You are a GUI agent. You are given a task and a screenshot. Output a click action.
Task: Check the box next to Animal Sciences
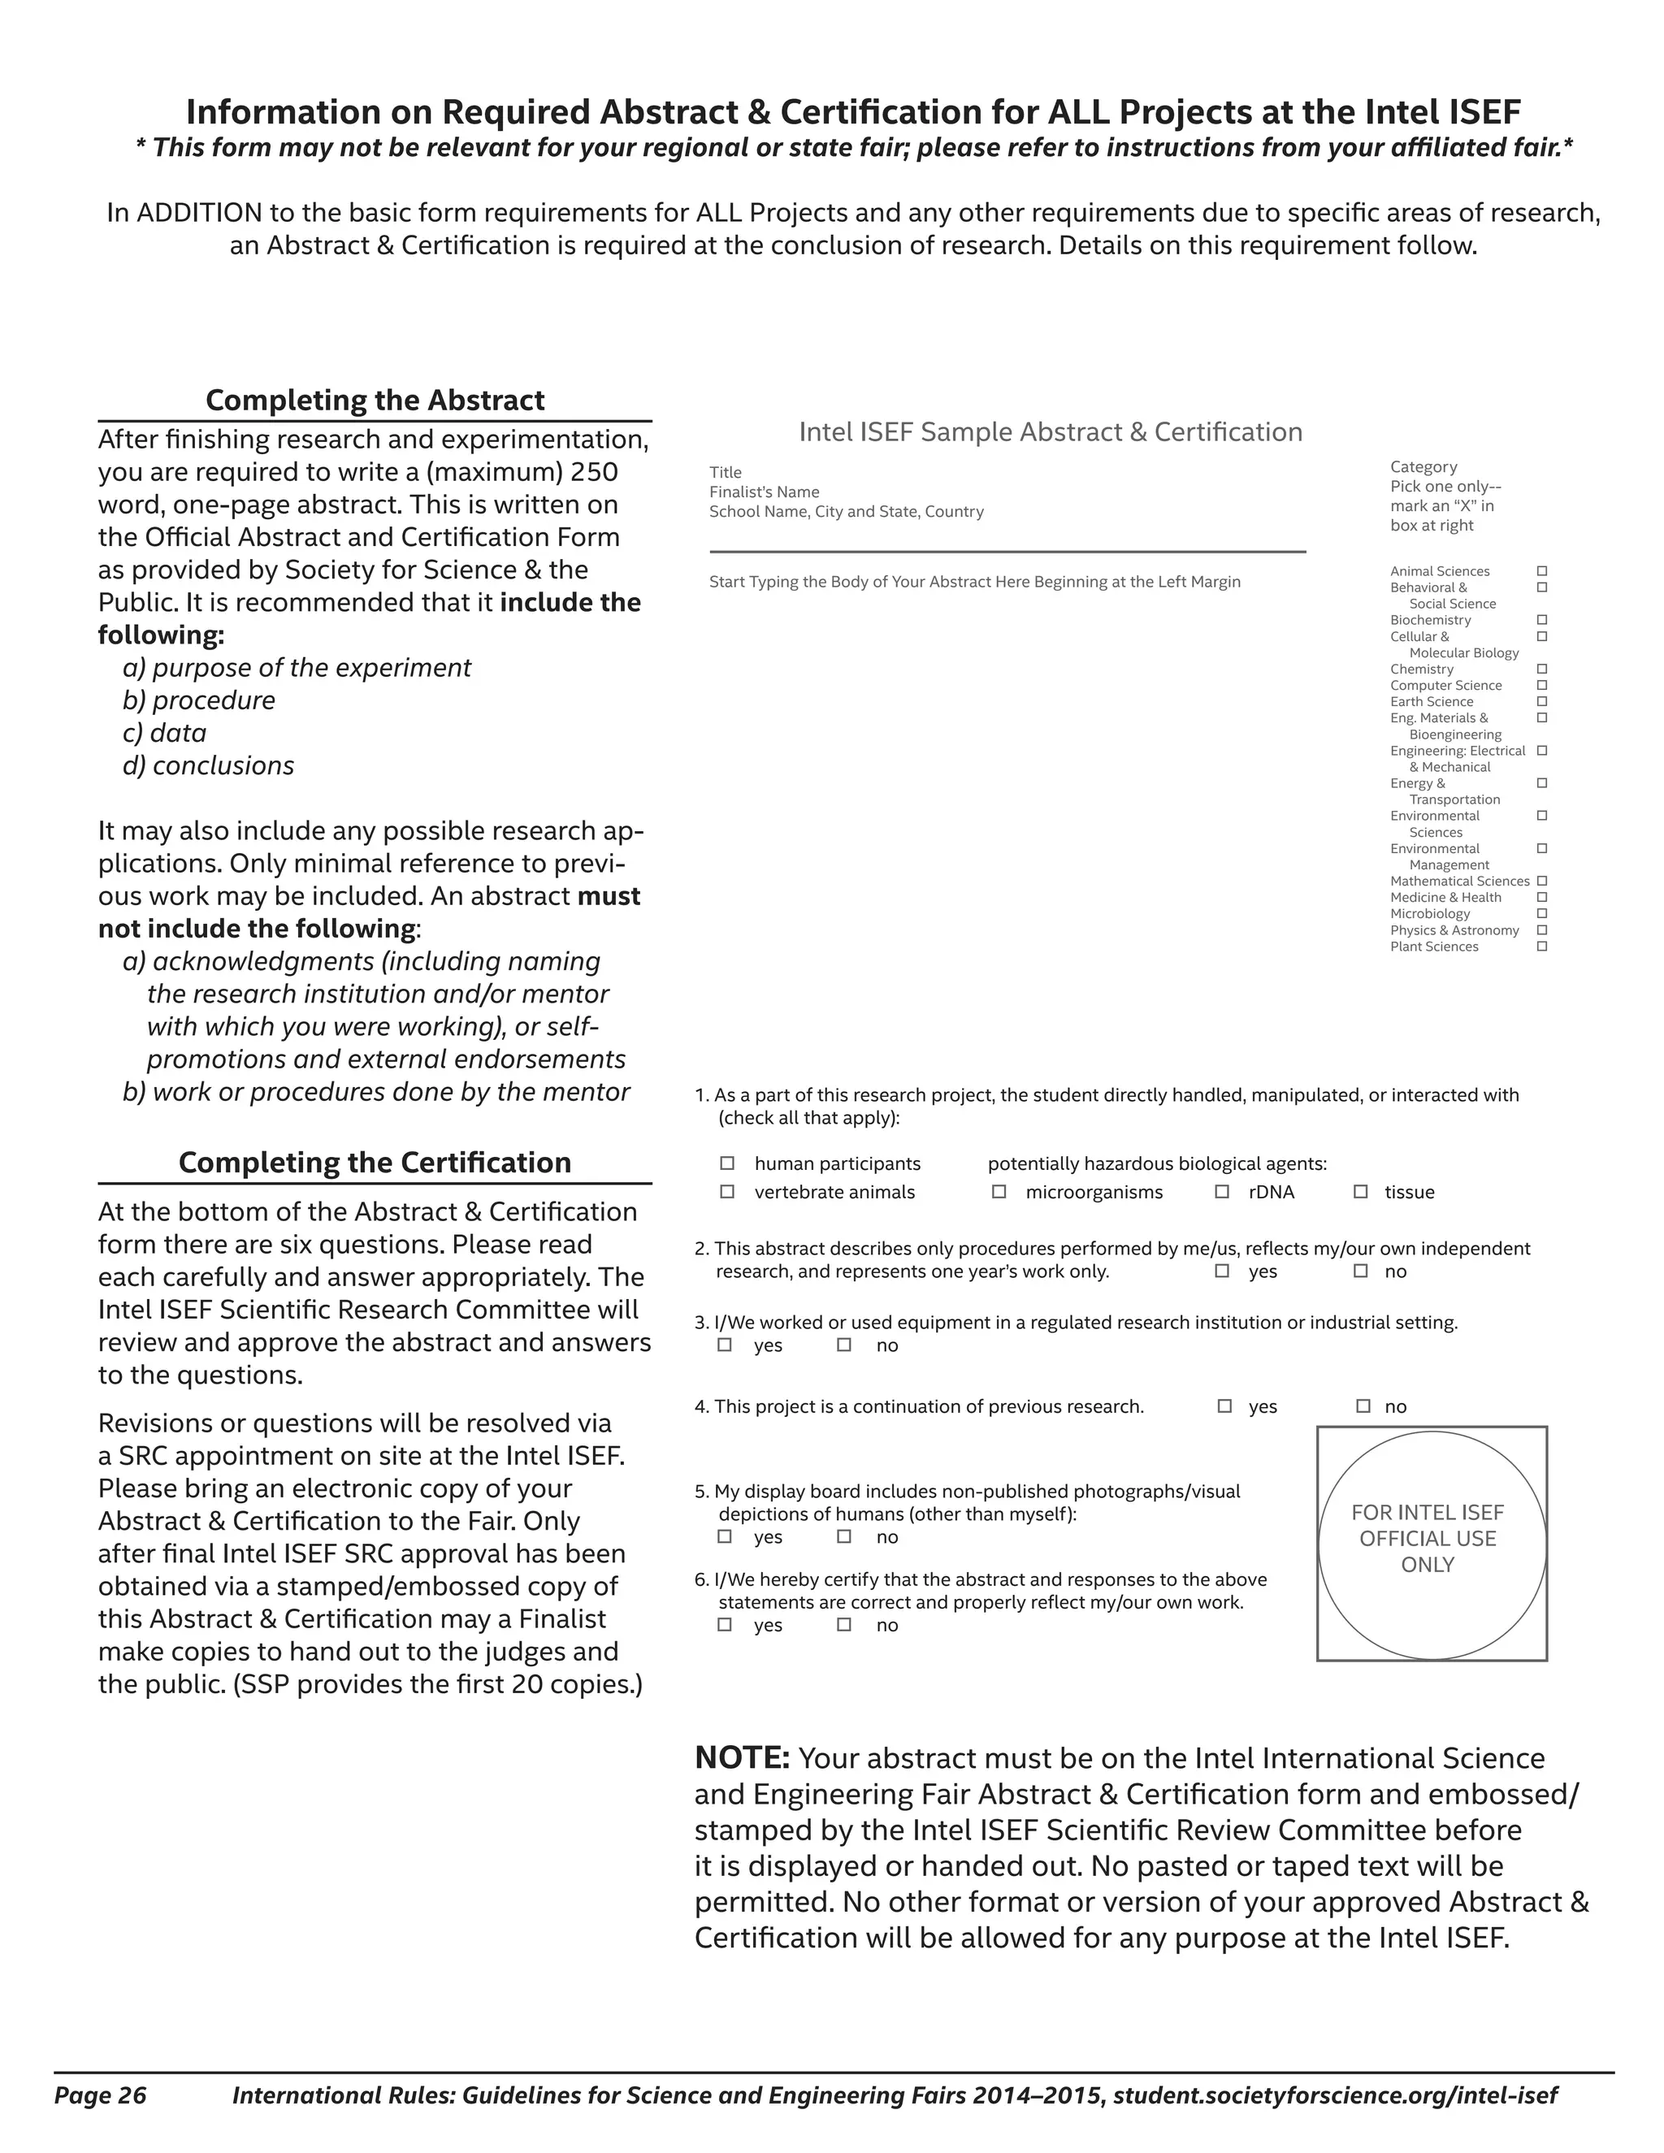(x=1543, y=571)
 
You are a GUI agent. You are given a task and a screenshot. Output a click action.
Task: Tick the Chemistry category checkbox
(x=1543, y=669)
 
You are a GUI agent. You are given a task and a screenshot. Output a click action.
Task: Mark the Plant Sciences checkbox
(x=1543, y=947)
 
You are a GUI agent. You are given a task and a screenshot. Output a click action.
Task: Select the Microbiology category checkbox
(x=1543, y=914)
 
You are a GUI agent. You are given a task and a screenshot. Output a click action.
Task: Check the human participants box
(x=727, y=1163)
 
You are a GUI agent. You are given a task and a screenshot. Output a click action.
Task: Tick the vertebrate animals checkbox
(x=727, y=1192)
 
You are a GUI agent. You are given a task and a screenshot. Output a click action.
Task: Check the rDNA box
(x=1222, y=1192)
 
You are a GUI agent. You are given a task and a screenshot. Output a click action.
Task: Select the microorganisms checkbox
(x=999, y=1192)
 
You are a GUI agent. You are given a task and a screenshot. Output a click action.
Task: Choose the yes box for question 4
(x=1224, y=1406)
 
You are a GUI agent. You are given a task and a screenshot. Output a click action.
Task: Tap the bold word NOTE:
(x=741, y=1757)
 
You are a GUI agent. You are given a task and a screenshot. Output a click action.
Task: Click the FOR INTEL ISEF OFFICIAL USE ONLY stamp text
(x=1428, y=1538)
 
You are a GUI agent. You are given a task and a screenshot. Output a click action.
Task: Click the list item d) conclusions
(x=208, y=766)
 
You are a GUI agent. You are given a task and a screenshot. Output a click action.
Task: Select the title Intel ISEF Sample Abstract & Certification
(x=1050, y=431)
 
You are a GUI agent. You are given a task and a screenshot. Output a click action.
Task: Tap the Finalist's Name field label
(x=764, y=492)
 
